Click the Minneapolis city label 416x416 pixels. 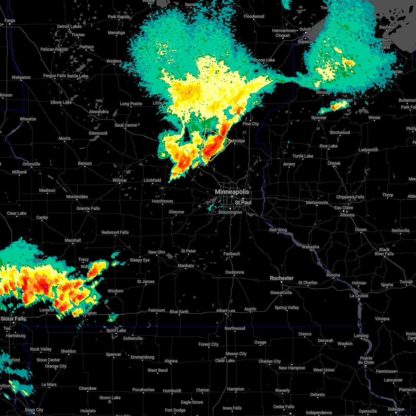tap(232, 192)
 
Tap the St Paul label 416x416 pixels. tap(243, 202)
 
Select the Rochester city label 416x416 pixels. tap(282, 278)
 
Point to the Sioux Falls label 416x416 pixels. tap(13, 319)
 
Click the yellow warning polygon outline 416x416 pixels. tap(216, 145)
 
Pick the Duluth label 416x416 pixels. tap(305, 29)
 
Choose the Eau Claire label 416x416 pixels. tap(344, 208)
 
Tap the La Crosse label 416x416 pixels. tap(359, 296)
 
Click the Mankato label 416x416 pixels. tap(186, 266)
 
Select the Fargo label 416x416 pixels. tap(10, 21)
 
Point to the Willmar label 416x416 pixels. tap(120, 180)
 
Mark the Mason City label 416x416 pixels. tap(236, 354)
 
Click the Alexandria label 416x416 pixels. tap(99, 112)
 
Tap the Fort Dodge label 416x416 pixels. tap(175, 410)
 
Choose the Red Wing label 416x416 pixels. tap(278, 230)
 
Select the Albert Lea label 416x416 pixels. tap(226, 311)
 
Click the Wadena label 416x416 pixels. tap(114, 61)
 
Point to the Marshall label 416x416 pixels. tap(73, 240)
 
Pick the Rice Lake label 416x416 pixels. tap(328, 146)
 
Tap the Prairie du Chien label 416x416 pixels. tap(366, 360)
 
